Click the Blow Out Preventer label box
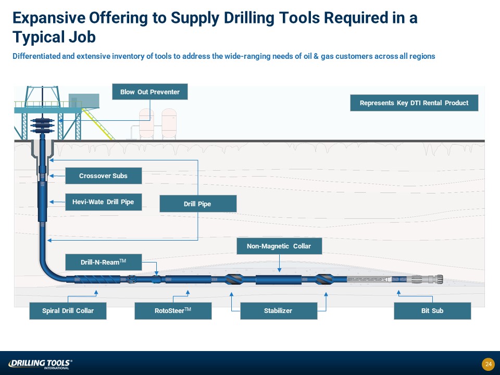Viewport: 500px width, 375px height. coord(150,92)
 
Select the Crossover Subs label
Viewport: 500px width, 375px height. coord(104,176)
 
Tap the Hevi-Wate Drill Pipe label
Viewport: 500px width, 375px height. coord(104,202)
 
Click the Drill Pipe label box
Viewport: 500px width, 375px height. coord(198,204)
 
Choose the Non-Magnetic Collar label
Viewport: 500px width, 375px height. coord(279,246)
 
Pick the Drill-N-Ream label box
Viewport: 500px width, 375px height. coord(104,262)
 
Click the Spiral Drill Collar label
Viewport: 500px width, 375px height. coord(68,311)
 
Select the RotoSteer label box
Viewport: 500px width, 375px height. coord(173,311)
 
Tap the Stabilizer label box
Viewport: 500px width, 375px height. coord(279,311)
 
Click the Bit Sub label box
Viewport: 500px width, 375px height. coord(432,311)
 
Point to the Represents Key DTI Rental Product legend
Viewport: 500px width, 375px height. coord(414,103)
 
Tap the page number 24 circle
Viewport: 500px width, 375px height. coord(488,364)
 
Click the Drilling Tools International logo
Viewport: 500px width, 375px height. coord(40,364)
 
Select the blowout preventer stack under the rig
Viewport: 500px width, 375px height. coord(42,126)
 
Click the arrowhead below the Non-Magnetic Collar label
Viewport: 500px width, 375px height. coord(279,270)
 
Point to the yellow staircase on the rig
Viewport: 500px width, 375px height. coord(97,124)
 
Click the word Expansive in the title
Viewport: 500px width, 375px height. coord(48,18)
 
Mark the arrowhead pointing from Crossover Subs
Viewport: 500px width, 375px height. coord(51,176)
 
